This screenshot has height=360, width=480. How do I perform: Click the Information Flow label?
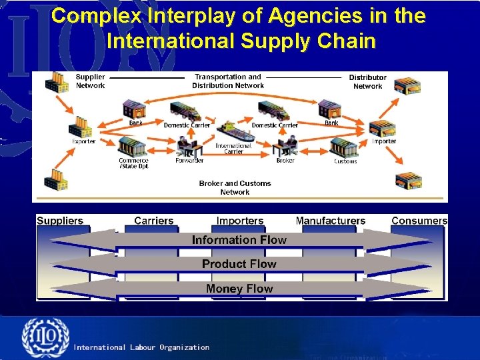click(x=239, y=240)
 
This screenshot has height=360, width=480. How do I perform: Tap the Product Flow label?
click(x=239, y=264)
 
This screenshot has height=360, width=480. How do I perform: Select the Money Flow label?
click(x=239, y=289)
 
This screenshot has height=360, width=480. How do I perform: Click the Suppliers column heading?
click(x=60, y=221)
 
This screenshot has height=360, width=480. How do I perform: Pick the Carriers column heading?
click(x=153, y=221)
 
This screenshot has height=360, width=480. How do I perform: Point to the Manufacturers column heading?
click(x=331, y=221)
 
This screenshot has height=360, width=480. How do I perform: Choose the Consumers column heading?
click(x=419, y=221)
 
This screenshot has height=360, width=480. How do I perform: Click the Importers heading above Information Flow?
click(x=240, y=221)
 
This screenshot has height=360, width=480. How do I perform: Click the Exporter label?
click(x=83, y=141)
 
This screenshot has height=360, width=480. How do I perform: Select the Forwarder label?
click(x=189, y=161)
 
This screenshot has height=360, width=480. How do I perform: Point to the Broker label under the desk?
click(x=285, y=161)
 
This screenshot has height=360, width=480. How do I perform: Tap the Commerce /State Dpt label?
click(x=133, y=163)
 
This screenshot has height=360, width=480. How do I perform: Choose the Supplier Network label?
click(x=90, y=81)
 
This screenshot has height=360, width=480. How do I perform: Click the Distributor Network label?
click(x=367, y=82)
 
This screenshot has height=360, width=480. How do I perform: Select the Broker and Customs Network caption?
click(x=235, y=187)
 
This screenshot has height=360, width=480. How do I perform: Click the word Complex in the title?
click(x=91, y=16)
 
